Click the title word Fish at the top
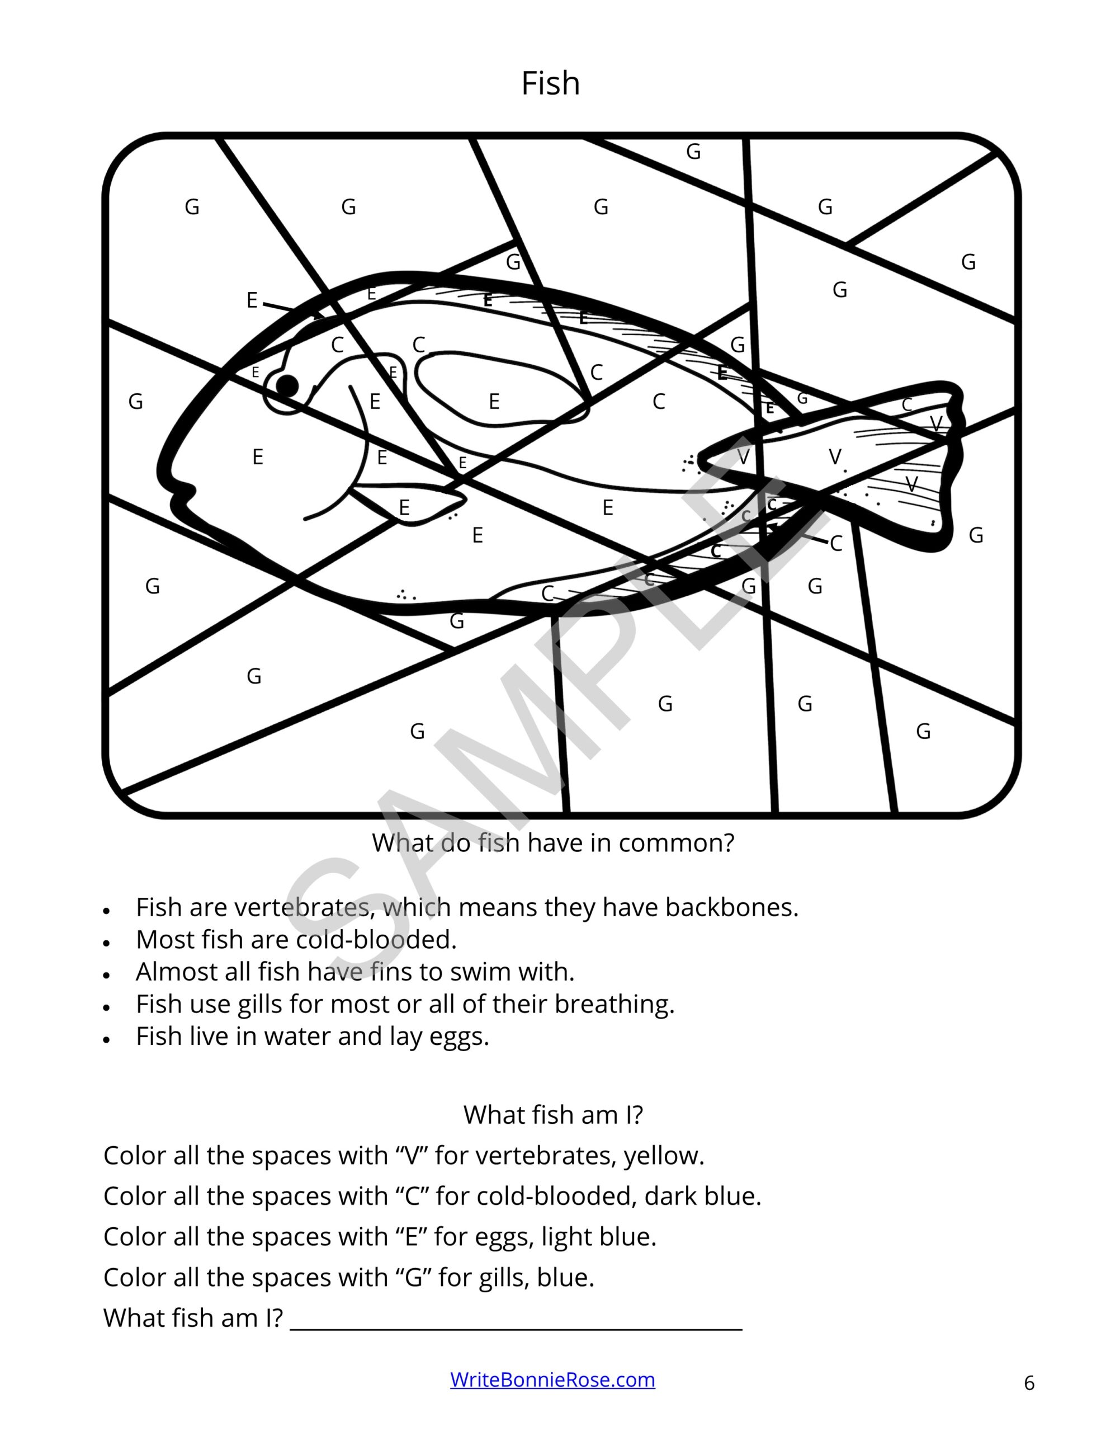coord(550,84)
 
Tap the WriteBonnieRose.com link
coord(552,1379)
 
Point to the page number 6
coord(1029,1383)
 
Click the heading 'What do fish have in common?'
coord(552,842)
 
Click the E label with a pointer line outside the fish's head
coord(252,300)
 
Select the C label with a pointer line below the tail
coord(836,544)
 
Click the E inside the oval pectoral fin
coord(494,401)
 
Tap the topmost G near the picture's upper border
coord(693,152)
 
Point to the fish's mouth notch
coord(186,491)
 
